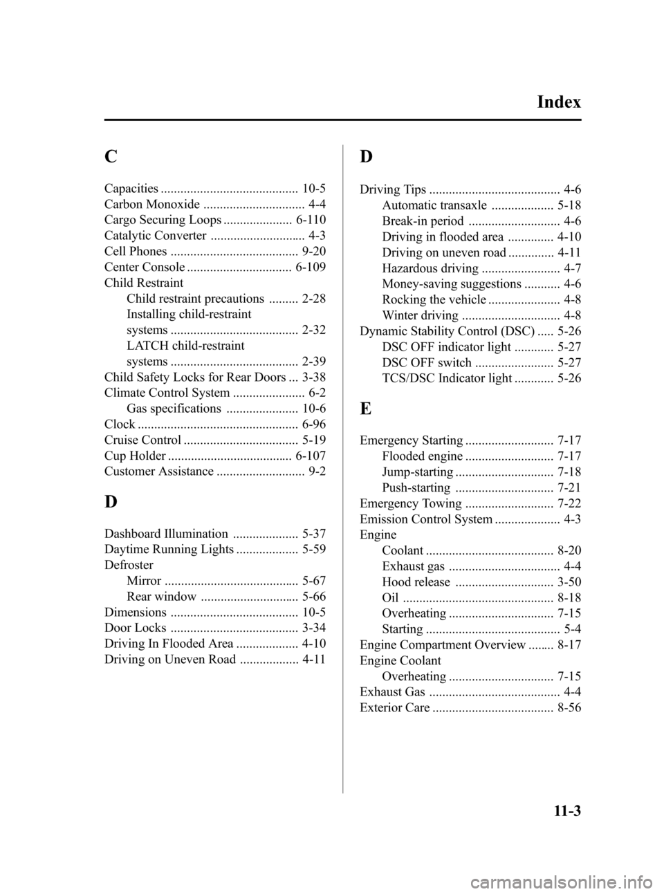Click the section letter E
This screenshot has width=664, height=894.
(x=365, y=408)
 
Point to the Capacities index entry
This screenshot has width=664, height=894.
(x=131, y=188)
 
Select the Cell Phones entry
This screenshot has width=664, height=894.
(x=136, y=251)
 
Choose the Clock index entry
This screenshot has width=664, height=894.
(x=120, y=424)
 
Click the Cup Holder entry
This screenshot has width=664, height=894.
(x=135, y=456)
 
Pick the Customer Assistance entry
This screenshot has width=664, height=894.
(x=159, y=472)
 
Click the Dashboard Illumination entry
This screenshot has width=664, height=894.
(x=166, y=534)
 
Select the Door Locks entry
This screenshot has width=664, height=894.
(x=135, y=628)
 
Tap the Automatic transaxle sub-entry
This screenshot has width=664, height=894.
(x=434, y=205)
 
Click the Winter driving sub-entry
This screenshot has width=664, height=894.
(x=420, y=315)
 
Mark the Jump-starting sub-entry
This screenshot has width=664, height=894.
(x=418, y=472)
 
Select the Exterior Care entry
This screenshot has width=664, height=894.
(x=395, y=707)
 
